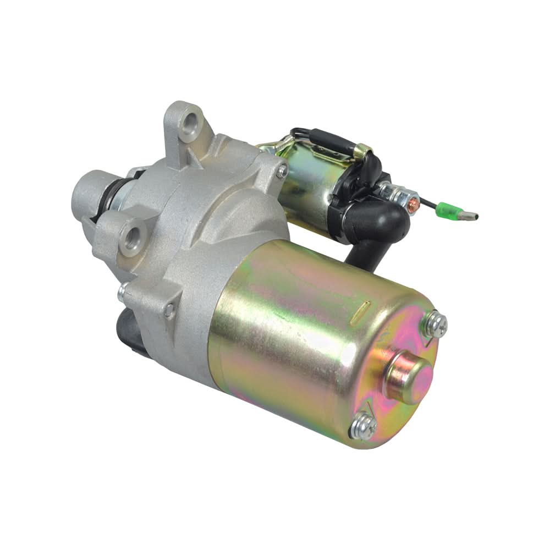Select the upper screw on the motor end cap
click(435, 325)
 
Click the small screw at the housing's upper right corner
click(282, 171)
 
